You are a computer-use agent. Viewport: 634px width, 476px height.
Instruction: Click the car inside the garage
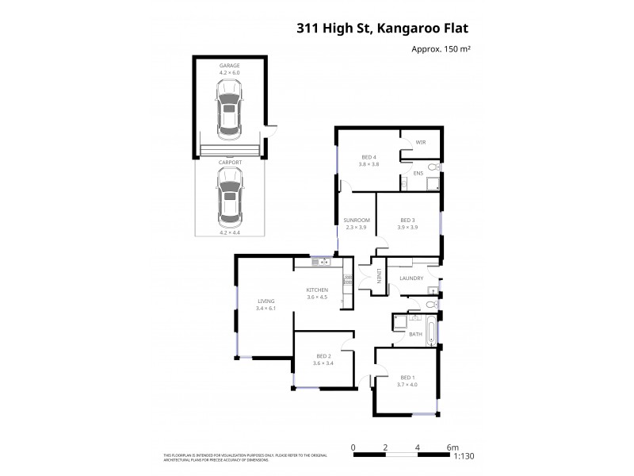(x=229, y=112)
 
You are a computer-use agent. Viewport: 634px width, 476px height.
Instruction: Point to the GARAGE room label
(x=229, y=64)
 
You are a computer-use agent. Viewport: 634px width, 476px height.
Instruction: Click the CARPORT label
(x=229, y=161)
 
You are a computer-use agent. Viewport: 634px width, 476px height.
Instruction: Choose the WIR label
(x=421, y=143)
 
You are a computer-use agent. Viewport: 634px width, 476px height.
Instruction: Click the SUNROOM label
(x=357, y=220)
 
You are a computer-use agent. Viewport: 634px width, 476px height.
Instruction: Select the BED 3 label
(x=407, y=220)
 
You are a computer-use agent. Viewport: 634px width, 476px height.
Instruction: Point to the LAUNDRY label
(x=411, y=278)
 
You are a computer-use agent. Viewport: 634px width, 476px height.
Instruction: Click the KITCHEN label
(x=317, y=290)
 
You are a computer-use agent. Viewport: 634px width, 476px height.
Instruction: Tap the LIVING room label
(x=265, y=301)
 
